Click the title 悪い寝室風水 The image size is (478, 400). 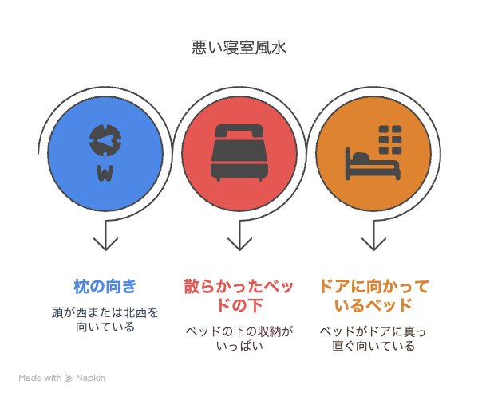(239, 48)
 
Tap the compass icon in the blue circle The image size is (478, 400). (105, 140)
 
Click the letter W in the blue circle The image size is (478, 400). (105, 174)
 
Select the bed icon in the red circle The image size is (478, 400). (239, 152)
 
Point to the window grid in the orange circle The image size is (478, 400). (390, 139)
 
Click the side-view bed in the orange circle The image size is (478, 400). (373, 164)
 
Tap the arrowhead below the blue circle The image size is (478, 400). (105, 244)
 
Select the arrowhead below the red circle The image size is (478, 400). (239, 244)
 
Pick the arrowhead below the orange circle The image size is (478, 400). (373, 244)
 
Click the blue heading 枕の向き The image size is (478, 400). (105, 287)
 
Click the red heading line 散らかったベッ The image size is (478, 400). (239, 287)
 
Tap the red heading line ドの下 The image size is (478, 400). (239, 305)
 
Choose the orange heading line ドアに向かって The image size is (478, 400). (373, 287)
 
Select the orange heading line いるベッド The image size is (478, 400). (373, 305)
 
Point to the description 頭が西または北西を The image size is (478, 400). (105, 312)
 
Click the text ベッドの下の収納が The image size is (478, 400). (239, 331)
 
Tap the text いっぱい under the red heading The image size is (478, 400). (239, 346)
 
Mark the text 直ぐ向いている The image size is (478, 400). (373, 346)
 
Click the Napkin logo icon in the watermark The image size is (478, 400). (69, 378)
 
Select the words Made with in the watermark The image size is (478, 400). (40, 378)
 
